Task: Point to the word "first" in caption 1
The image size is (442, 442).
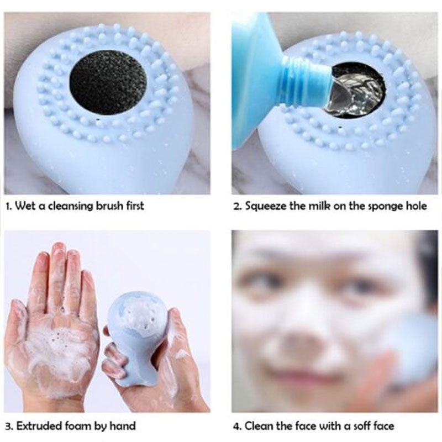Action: pyautogui.click(x=135, y=206)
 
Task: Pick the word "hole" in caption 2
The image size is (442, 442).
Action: pyautogui.click(x=417, y=206)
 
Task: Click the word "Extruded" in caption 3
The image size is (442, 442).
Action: pyautogui.click(x=39, y=425)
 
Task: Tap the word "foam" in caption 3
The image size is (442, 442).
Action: pyautogui.click(x=78, y=425)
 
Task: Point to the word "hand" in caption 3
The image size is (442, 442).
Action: pyautogui.click(x=123, y=425)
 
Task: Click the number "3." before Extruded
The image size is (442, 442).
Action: pyautogui.click(x=9, y=426)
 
